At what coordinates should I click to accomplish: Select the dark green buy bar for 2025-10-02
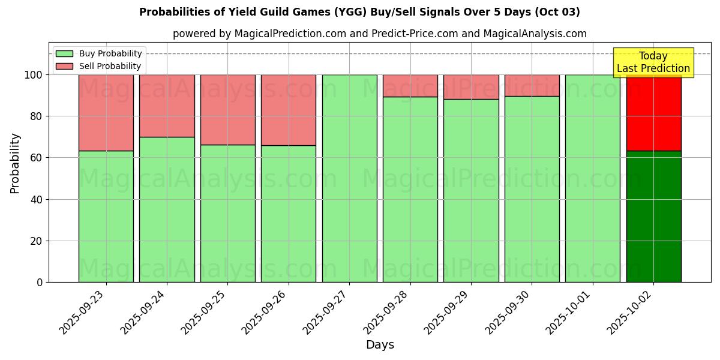click(653, 216)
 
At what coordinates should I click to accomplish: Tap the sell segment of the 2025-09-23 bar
click(106, 113)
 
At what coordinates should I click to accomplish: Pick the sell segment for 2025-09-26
click(289, 110)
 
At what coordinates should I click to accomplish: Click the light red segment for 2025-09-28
click(410, 86)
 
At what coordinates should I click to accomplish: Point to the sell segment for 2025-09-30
click(532, 85)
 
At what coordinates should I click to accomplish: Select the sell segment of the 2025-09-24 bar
click(167, 106)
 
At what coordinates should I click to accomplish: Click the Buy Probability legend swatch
click(64, 53)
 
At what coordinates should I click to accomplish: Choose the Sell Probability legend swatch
click(64, 66)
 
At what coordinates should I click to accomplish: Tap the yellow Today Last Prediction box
click(653, 62)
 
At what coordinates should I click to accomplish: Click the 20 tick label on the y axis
click(37, 241)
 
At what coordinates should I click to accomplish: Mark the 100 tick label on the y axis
click(34, 75)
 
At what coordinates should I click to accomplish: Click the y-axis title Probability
click(15, 163)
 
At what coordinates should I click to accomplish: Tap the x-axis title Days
click(380, 345)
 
